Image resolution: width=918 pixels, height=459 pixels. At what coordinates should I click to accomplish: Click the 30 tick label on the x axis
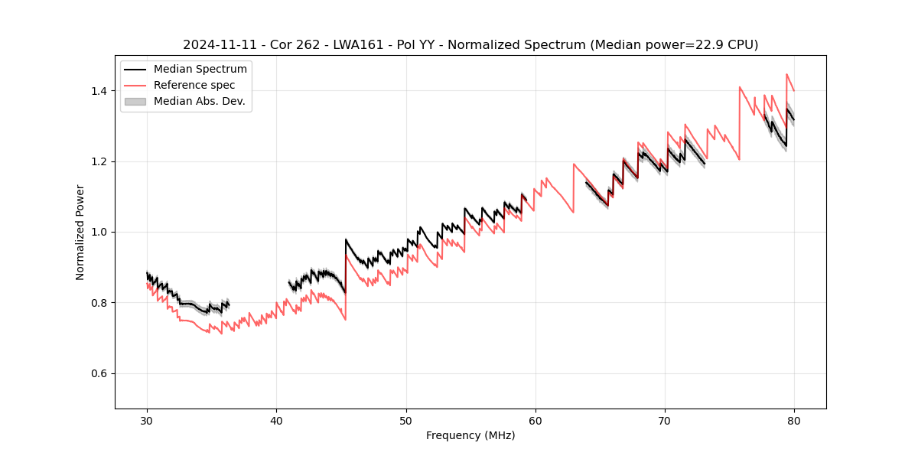pyautogui.click(x=147, y=420)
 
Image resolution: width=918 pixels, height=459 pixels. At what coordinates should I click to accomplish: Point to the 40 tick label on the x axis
pyautogui.click(x=276, y=420)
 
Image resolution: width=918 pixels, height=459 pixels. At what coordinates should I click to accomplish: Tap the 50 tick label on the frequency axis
pyautogui.click(x=406, y=420)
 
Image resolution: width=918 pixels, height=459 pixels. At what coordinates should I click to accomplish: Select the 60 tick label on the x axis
pyautogui.click(x=535, y=420)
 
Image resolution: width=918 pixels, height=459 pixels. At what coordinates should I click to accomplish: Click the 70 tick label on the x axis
pyautogui.click(x=665, y=420)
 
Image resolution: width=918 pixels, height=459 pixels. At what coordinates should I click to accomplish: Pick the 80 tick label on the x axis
pyautogui.click(x=794, y=420)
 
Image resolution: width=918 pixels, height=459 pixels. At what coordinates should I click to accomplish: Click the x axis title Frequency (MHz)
pyautogui.click(x=470, y=435)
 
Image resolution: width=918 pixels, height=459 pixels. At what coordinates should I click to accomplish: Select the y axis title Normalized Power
pyautogui.click(x=80, y=232)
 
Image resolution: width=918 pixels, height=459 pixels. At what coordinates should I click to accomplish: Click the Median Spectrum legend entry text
pyautogui.click(x=200, y=70)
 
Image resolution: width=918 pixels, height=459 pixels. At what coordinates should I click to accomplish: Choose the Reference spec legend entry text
pyautogui.click(x=194, y=86)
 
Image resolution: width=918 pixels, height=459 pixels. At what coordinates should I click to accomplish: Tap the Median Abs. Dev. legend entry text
pyautogui.click(x=200, y=102)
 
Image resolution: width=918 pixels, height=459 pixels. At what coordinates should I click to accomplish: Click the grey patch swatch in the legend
pyautogui.click(x=135, y=102)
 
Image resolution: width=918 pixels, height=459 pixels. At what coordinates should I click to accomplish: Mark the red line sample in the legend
pyautogui.click(x=135, y=86)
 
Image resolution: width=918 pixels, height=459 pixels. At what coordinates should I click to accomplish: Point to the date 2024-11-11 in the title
pyautogui.click(x=219, y=45)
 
